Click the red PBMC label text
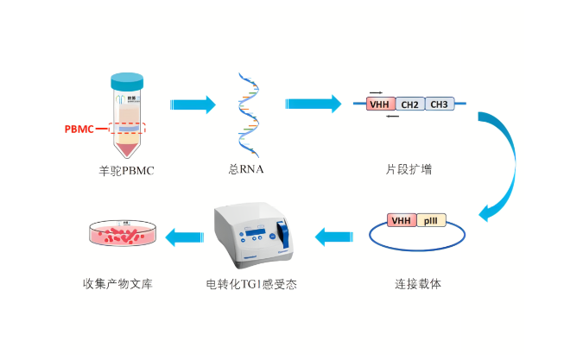click(79, 129)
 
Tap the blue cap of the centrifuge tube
click(127, 81)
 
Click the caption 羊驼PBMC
click(127, 171)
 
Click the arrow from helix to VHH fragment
click(313, 104)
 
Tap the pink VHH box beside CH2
click(380, 104)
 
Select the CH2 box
click(410, 104)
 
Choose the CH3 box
click(439, 104)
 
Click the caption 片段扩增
click(409, 170)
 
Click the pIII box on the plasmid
click(429, 220)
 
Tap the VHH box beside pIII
click(401, 220)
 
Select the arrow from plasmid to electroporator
click(333, 235)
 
